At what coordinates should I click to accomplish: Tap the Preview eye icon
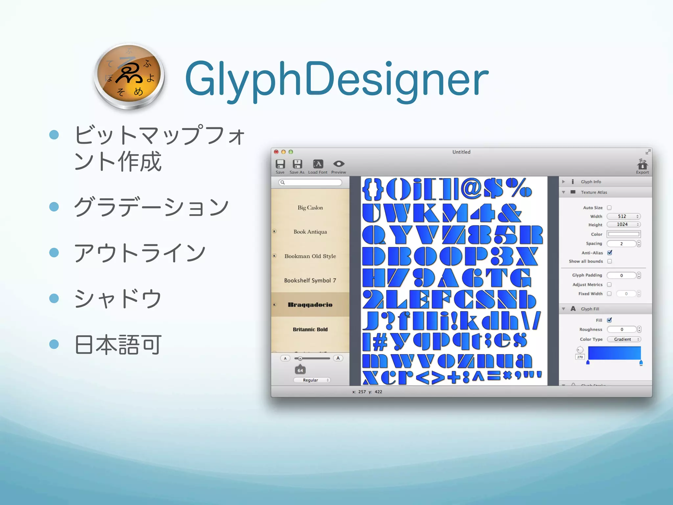pyautogui.click(x=338, y=164)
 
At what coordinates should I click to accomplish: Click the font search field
pyautogui.click(x=311, y=182)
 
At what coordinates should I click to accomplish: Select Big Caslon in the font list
pyautogui.click(x=310, y=208)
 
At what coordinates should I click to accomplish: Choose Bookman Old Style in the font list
pyautogui.click(x=310, y=256)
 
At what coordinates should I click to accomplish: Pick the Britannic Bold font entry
pyautogui.click(x=310, y=329)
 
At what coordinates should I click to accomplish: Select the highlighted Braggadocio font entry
pyautogui.click(x=310, y=305)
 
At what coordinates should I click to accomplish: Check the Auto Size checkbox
pyautogui.click(x=609, y=208)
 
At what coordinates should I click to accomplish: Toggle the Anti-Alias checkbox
pyautogui.click(x=610, y=253)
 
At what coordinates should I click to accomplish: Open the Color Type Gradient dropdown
pyautogui.click(x=624, y=339)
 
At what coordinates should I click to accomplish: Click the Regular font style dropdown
pyautogui.click(x=312, y=380)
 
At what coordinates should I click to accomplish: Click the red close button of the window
pyautogui.click(x=276, y=152)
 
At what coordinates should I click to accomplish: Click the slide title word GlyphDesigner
pyautogui.click(x=336, y=80)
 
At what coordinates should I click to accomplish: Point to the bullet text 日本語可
pyautogui.click(x=118, y=345)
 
